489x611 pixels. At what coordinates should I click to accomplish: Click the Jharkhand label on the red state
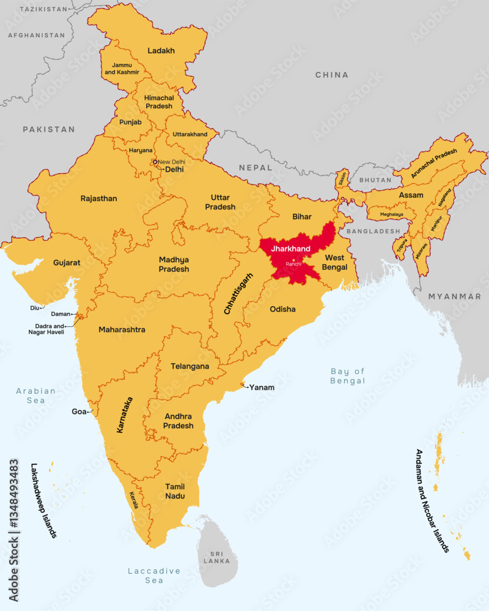click(290, 249)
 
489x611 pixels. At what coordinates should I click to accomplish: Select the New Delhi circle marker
click(155, 162)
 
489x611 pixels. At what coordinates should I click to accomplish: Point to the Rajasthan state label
click(98, 199)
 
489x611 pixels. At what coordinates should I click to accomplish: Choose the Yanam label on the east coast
click(262, 387)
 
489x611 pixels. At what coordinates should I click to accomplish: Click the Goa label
click(79, 412)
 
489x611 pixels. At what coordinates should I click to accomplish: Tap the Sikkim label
click(342, 178)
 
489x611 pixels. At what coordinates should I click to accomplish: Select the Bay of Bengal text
click(347, 376)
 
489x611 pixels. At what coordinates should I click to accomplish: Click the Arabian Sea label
click(35, 395)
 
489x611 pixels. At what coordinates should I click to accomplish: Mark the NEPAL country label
click(255, 167)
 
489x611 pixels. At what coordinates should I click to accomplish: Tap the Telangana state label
click(189, 367)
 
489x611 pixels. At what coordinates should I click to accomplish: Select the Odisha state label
click(282, 309)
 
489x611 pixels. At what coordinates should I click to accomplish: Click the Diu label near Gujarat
click(34, 308)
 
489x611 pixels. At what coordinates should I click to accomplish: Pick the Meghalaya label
click(392, 214)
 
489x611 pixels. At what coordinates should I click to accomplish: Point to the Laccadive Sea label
click(154, 575)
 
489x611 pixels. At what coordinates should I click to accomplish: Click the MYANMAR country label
click(454, 296)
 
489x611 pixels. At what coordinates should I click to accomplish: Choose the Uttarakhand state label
click(190, 134)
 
